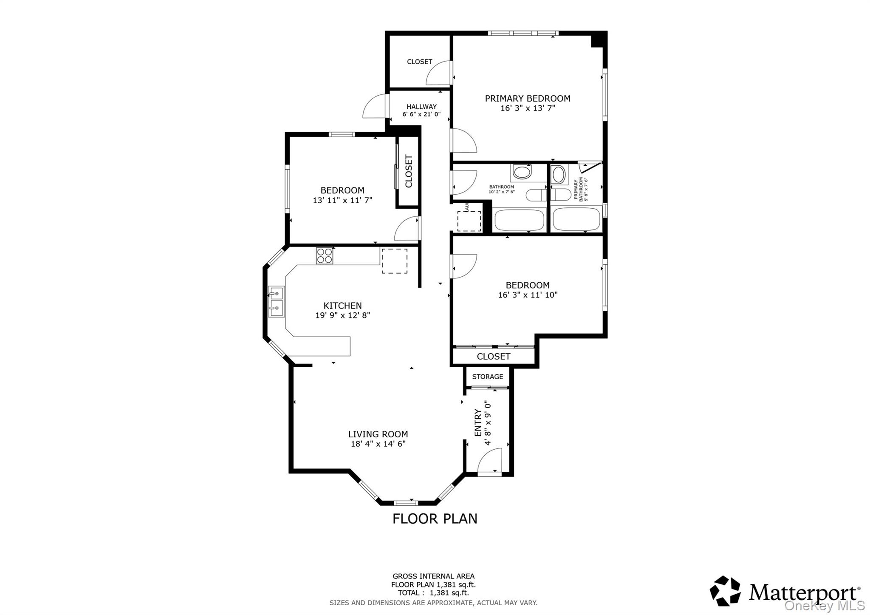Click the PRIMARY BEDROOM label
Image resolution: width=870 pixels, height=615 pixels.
(x=527, y=99)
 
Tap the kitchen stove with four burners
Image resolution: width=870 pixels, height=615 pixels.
(x=324, y=256)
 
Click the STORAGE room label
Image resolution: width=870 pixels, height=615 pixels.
(x=487, y=377)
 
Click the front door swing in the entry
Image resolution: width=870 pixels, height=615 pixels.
(x=490, y=462)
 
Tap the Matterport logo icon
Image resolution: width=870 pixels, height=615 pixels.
(x=725, y=591)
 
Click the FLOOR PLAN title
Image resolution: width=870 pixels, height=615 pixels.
(x=435, y=519)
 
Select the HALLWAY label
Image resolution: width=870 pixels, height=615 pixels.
(x=421, y=107)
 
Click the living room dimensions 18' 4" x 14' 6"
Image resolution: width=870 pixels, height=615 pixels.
(x=378, y=444)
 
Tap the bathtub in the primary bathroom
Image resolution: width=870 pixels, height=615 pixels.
(x=576, y=219)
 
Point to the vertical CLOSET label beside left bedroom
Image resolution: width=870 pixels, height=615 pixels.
(x=409, y=171)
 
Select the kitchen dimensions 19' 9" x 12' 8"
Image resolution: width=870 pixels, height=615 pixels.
(x=342, y=315)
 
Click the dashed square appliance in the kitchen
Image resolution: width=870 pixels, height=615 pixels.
(x=394, y=261)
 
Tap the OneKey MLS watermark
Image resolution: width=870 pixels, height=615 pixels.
(x=824, y=605)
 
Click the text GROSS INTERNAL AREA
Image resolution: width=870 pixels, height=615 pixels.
(x=433, y=576)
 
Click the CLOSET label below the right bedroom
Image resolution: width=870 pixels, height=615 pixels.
(x=493, y=356)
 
